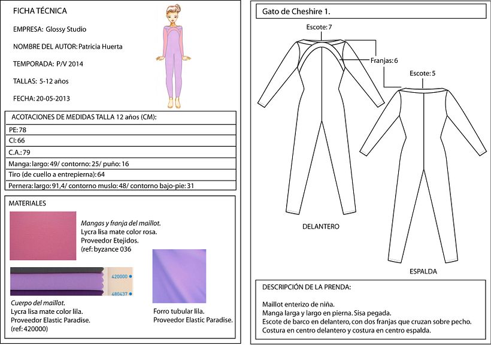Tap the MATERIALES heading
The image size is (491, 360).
tap(28, 204)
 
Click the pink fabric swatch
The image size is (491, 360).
tap(43, 235)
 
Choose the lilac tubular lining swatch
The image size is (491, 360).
tap(179, 276)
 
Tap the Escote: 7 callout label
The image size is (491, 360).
tap(319, 28)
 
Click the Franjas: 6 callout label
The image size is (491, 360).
tap(383, 60)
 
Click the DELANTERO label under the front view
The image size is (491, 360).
tap(320, 226)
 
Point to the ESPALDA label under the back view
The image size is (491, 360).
tap(423, 271)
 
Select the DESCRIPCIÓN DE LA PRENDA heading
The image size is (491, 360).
tap(307, 287)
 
